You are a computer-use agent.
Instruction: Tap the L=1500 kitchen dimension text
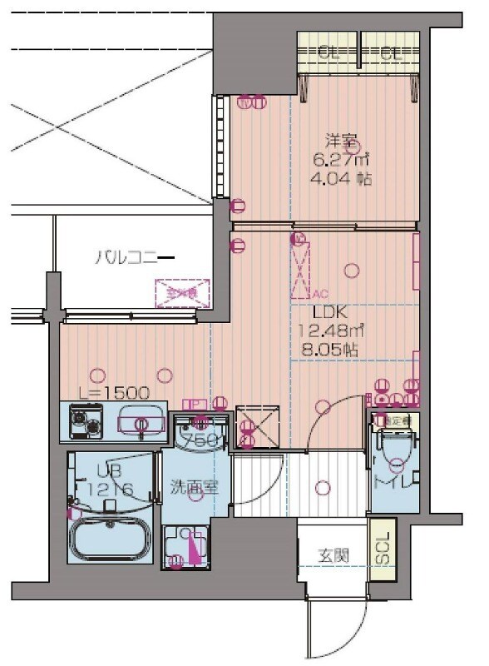[96, 391]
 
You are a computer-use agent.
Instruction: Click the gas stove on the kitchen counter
[84, 420]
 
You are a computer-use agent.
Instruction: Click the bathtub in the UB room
[111, 539]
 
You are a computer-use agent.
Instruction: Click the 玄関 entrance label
[332, 555]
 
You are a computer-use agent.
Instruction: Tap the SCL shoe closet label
[383, 547]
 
